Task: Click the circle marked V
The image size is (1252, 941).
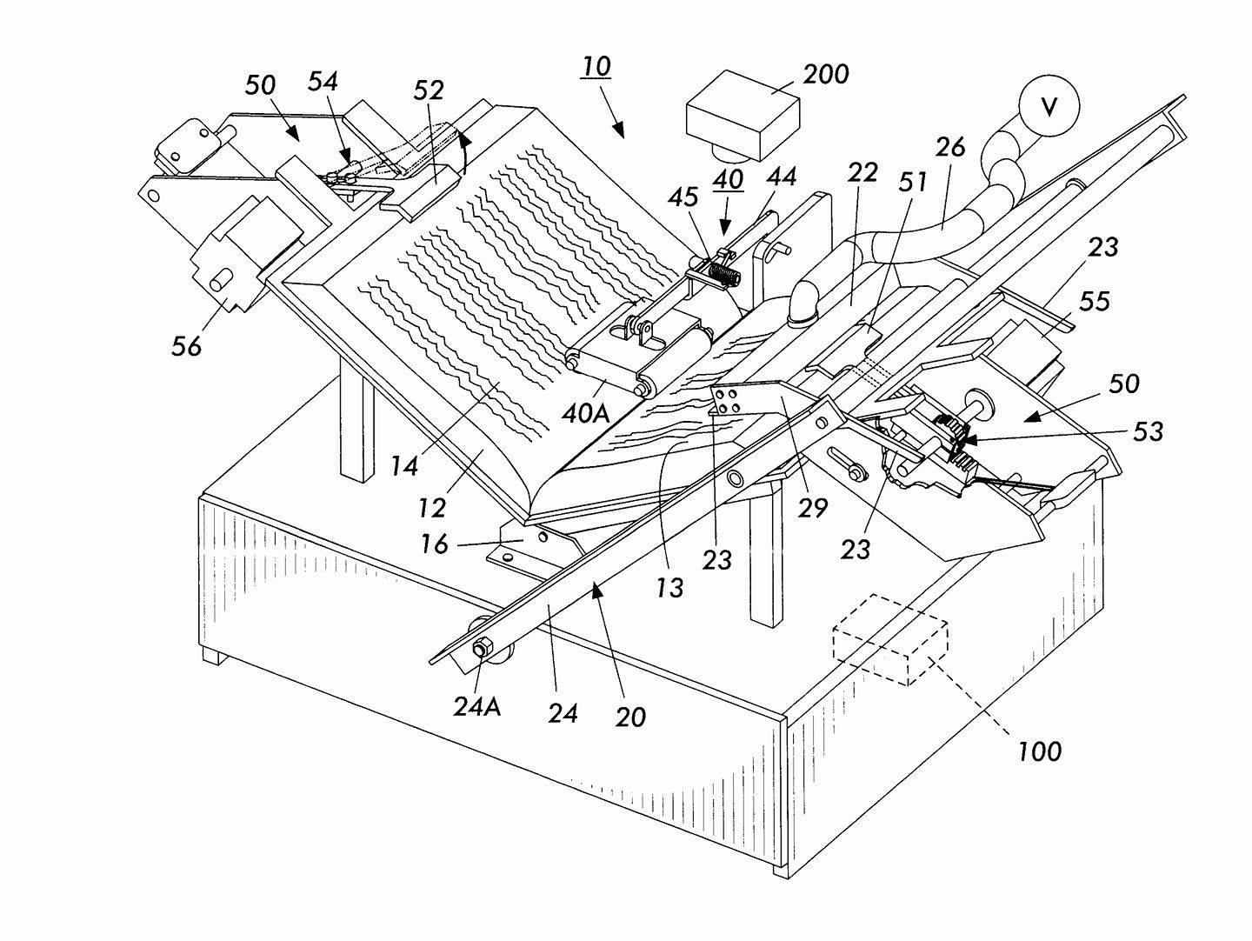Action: point(1049,106)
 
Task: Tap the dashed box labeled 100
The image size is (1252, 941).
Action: point(889,639)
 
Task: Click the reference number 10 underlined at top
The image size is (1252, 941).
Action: point(596,67)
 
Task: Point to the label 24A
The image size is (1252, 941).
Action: point(476,706)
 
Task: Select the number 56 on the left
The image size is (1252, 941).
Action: point(185,345)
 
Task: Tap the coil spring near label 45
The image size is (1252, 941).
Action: point(723,276)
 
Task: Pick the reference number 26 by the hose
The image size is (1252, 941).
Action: point(949,148)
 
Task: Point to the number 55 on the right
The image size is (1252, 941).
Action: point(1094,301)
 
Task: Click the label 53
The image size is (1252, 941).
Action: point(1148,430)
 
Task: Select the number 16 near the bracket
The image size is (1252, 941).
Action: point(434,544)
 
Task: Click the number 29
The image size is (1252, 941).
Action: point(814,507)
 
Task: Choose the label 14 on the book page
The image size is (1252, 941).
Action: point(403,465)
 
